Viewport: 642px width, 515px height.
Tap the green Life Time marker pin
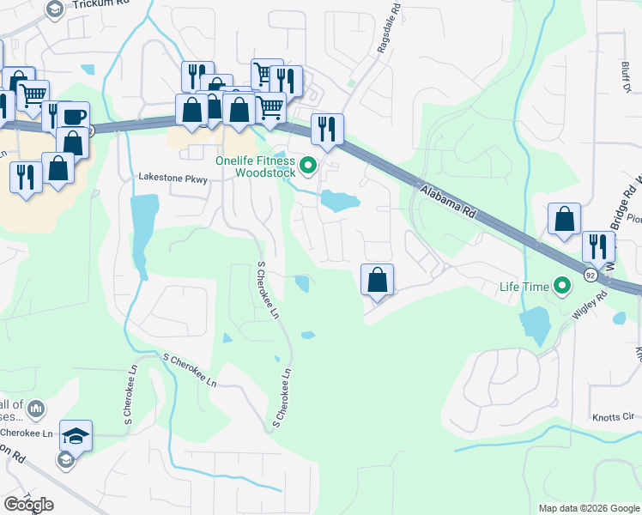(563, 286)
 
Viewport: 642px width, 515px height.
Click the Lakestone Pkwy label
(174, 178)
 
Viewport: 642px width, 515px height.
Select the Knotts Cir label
(612, 418)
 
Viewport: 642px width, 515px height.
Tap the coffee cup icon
(75, 117)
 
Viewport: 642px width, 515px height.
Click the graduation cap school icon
(76, 435)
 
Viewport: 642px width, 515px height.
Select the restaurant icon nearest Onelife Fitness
(326, 129)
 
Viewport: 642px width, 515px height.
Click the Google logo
(28, 505)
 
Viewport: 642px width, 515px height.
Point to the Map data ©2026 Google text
(588, 508)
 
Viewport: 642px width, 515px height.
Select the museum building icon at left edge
(36, 410)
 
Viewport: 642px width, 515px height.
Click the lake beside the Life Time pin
(534, 324)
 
